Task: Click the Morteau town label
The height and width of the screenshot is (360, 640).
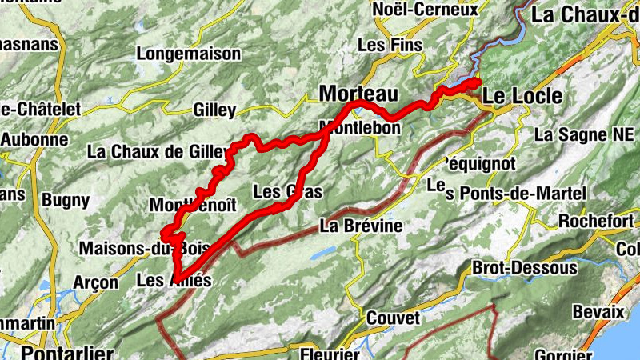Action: [x=358, y=94]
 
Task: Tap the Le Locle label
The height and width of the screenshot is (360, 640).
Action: [x=522, y=96]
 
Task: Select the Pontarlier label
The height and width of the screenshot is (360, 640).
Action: [x=67, y=352]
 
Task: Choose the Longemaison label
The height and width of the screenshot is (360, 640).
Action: [x=189, y=54]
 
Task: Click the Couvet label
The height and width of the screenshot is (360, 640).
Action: [x=392, y=318]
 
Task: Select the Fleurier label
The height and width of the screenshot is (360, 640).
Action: [x=330, y=354]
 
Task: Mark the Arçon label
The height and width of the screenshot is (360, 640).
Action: [x=95, y=282]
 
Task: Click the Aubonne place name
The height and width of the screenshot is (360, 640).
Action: [x=34, y=138]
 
